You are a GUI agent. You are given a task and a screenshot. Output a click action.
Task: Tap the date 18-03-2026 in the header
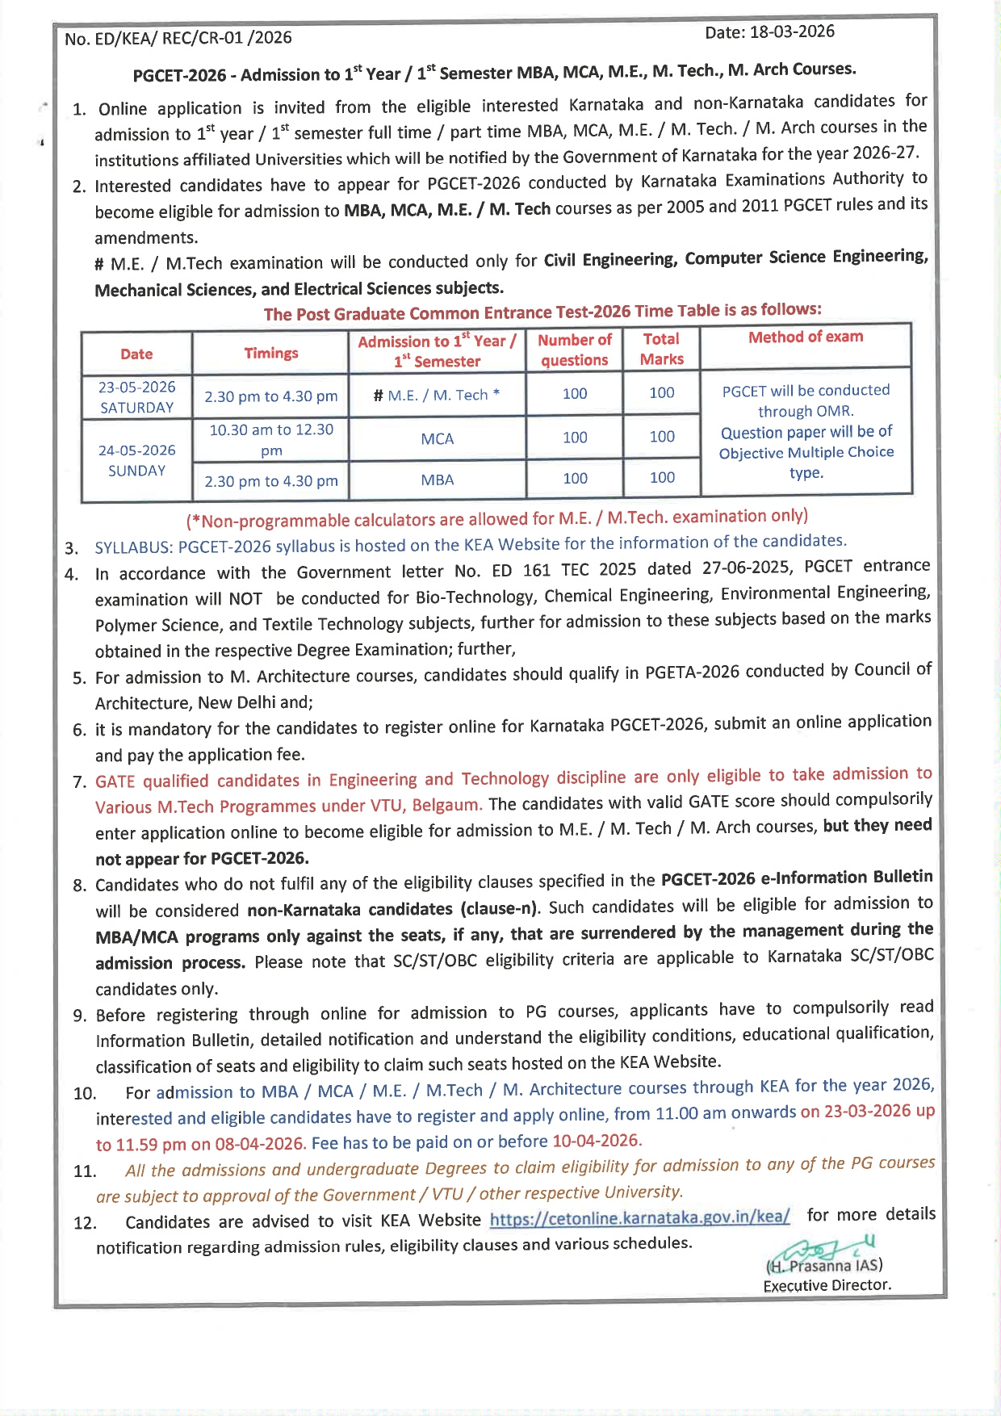coord(791,31)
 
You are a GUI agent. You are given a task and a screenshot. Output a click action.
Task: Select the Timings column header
coord(271,353)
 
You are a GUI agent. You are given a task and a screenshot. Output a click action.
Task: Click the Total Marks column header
coord(662,349)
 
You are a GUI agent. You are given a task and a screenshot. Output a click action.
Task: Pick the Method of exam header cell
coord(806,337)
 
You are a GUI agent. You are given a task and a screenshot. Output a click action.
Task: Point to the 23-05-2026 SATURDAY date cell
coord(136,397)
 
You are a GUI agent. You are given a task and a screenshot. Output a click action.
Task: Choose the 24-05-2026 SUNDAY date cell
coord(136,460)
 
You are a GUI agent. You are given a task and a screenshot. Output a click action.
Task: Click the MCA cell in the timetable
coord(437,438)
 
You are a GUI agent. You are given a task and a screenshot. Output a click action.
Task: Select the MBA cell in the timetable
coord(437,480)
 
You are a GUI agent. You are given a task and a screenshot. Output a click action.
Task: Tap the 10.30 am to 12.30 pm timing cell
coord(271,439)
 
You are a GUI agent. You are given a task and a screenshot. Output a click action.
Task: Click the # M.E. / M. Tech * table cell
coord(437,395)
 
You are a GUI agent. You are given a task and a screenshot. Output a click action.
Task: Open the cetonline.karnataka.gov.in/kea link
coord(639,1217)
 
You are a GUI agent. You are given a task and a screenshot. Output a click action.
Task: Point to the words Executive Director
coord(827,1285)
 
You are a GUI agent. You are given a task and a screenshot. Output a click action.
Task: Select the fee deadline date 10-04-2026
coord(597,1141)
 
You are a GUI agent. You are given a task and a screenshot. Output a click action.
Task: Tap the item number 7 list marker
coord(79,782)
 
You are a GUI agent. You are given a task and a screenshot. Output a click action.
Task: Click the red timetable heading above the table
coord(542,312)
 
